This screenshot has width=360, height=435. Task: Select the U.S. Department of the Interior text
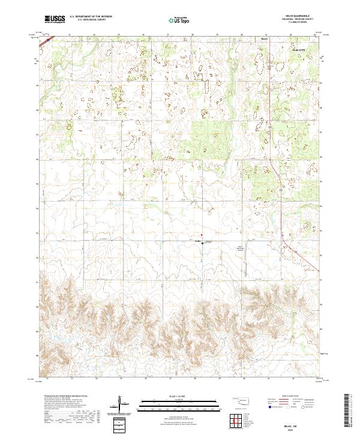coord(91,17)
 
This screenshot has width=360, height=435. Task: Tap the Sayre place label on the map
coord(263,40)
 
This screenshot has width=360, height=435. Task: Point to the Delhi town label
coord(197,241)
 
